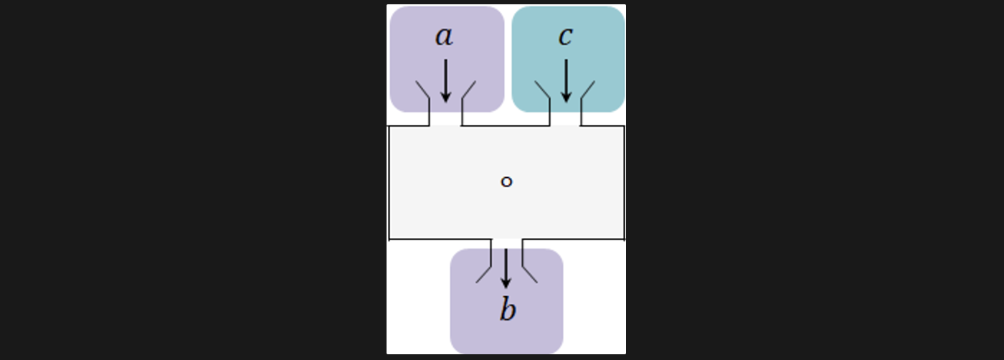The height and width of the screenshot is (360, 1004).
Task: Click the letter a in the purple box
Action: pyautogui.click(x=444, y=37)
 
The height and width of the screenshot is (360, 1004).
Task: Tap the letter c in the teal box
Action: pyautogui.click(x=565, y=37)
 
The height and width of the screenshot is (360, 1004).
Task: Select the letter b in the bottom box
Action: pyautogui.click(x=507, y=311)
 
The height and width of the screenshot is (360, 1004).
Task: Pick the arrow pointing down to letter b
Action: pyautogui.click(x=506, y=268)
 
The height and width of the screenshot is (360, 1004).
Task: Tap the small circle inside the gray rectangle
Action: pyautogui.click(x=506, y=182)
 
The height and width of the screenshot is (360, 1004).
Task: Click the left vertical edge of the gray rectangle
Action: pyautogui.click(x=389, y=183)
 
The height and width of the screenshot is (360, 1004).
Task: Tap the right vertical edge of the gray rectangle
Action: pyautogui.click(x=625, y=183)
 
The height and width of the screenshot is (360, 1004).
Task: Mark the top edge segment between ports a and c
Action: pyautogui.click(x=506, y=126)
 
